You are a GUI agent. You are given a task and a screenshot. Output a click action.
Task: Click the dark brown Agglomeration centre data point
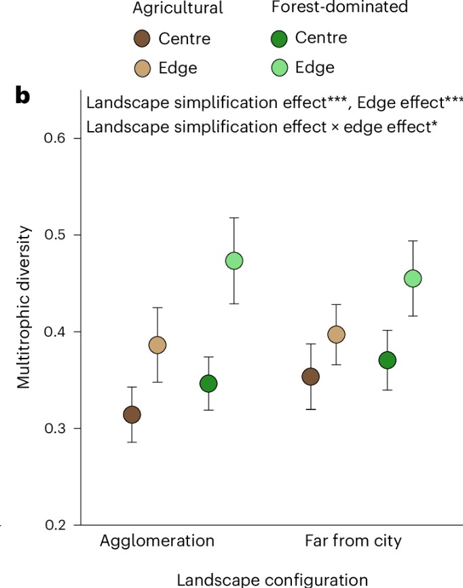tap(132, 414)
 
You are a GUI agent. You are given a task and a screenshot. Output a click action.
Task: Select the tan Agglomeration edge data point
tap(158, 345)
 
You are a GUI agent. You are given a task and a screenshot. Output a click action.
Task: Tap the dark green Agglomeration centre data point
tap(208, 384)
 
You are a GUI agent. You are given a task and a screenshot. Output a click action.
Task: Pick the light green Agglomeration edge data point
tap(234, 261)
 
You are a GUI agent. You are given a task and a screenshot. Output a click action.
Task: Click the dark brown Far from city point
tap(311, 377)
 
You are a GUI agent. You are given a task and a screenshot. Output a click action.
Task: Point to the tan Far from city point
tap(336, 334)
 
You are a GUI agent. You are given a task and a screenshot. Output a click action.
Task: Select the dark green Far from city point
tap(388, 361)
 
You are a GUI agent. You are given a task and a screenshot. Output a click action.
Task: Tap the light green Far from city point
tap(413, 278)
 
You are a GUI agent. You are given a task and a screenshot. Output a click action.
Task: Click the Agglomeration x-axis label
tap(158, 542)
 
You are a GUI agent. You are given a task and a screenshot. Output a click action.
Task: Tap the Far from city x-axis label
tap(352, 542)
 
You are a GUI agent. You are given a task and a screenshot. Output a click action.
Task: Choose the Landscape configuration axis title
tap(272, 579)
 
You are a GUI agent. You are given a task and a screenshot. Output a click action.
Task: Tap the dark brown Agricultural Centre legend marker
tap(143, 39)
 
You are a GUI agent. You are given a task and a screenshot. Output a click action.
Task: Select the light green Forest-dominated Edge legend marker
tap(280, 67)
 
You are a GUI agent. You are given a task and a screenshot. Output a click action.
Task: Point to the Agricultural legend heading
tap(179, 9)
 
